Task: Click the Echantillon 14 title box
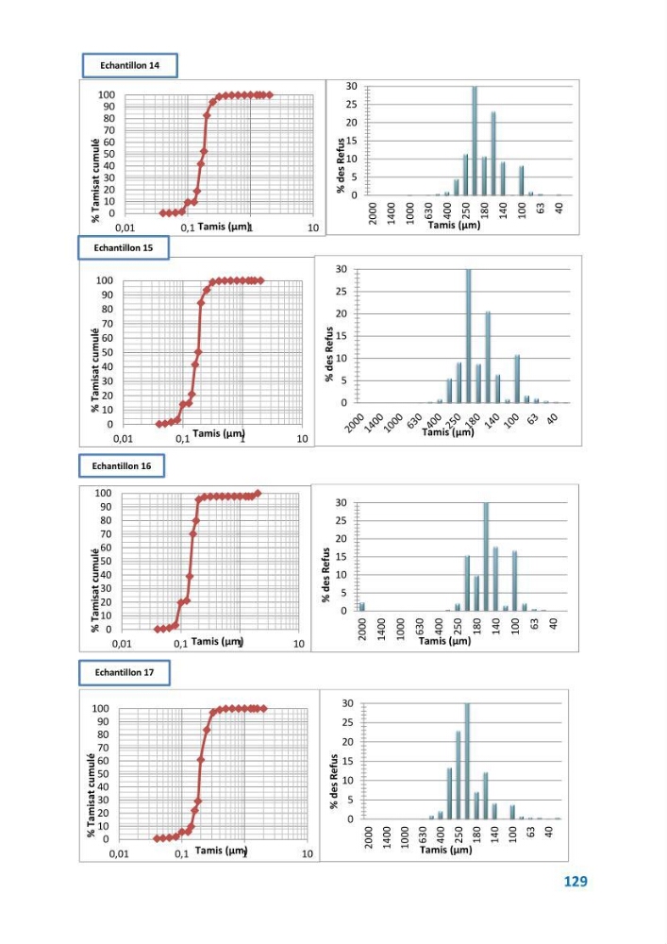tap(130, 66)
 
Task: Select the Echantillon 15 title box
tap(124, 247)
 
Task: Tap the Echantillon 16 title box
tap(122, 466)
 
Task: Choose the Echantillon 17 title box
tap(125, 672)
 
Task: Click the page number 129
tap(575, 882)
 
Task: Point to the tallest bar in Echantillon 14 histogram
tap(475, 141)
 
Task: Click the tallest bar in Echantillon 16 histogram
tap(486, 556)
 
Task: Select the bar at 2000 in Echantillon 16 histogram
tap(362, 606)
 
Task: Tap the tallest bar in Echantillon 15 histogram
tap(469, 336)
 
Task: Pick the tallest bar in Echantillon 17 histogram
tap(467, 761)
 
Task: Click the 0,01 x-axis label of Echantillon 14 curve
tap(125, 228)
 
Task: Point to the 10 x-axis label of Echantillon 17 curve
tap(308, 853)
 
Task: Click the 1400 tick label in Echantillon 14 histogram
tap(392, 213)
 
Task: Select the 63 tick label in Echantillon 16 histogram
tap(535, 624)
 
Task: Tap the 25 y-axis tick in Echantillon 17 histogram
tap(347, 722)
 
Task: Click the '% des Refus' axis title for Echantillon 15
tap(329, 354)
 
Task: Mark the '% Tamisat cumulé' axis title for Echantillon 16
tap(95, 589)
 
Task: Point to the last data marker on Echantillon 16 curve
tap(258, 494)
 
